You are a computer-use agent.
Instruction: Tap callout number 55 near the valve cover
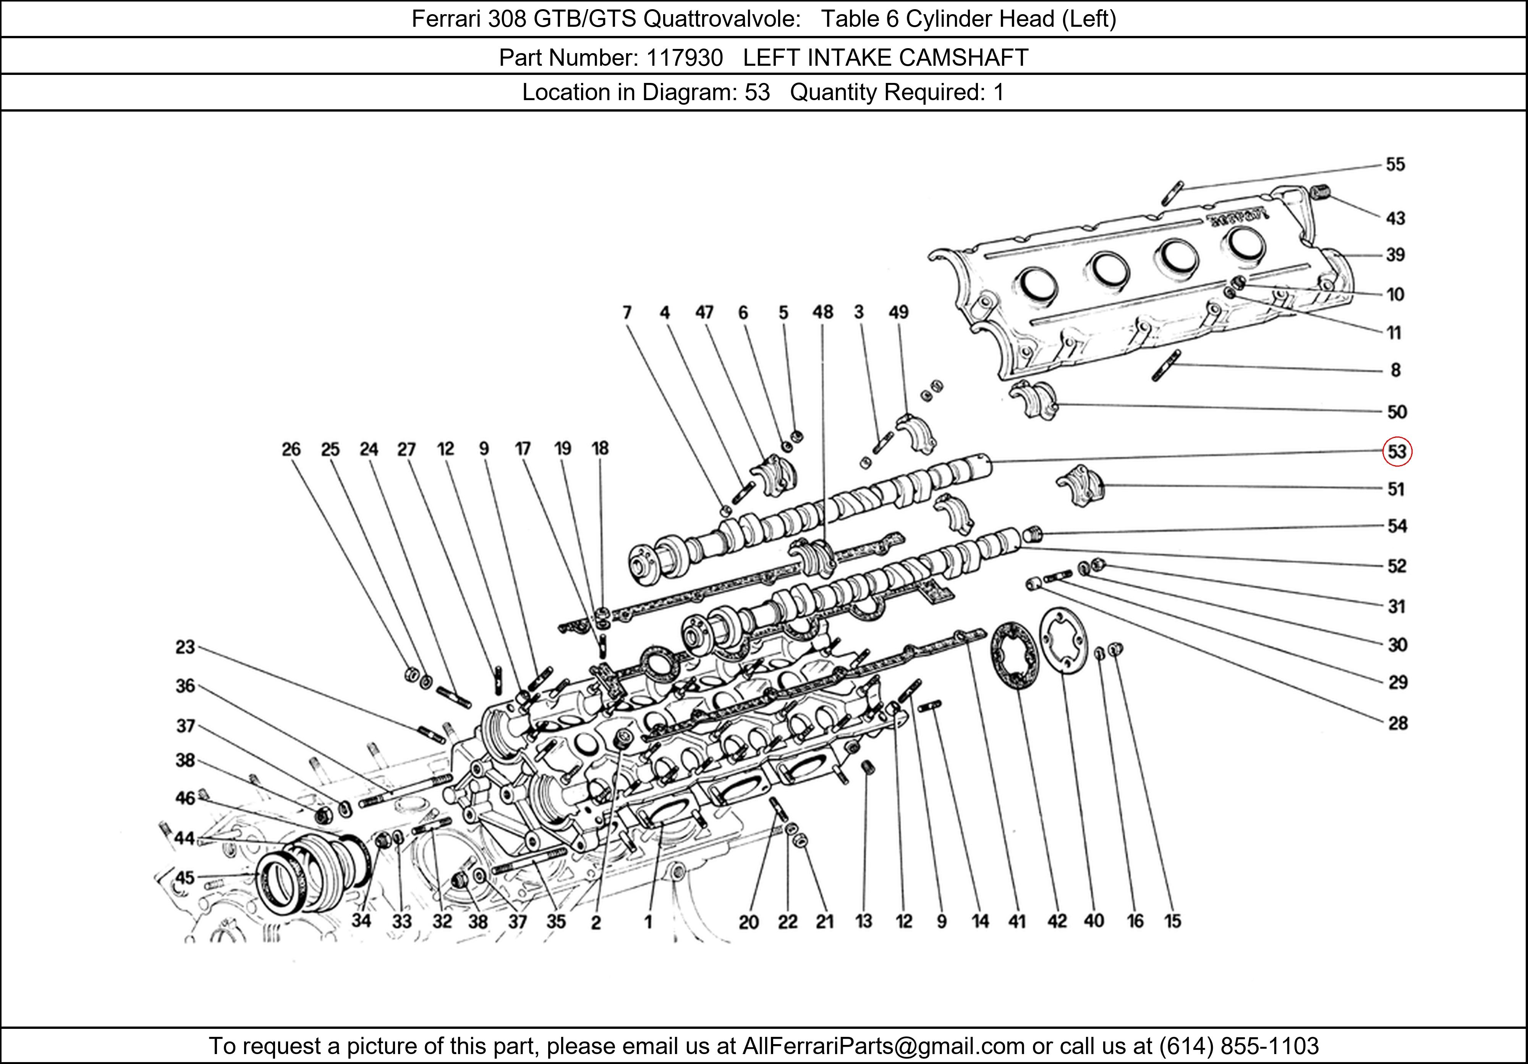click(1395, 164)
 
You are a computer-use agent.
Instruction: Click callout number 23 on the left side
click(185, 647)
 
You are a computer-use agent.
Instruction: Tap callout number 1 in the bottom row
click(647, 921)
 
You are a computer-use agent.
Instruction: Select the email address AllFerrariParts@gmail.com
click(883, 1046)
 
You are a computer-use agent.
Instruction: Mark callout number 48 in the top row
click(822, 312)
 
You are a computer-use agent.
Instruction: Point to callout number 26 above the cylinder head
click(291, 449)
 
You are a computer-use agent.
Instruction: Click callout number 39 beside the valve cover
click(1395, 255)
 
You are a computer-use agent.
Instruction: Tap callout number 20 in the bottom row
click(749, 922)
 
